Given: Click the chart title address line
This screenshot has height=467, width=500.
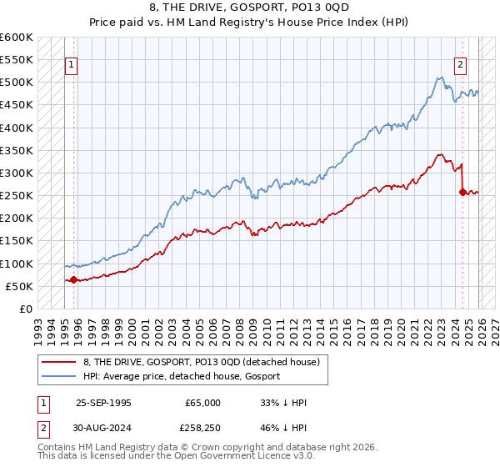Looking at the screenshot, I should click(250, 8).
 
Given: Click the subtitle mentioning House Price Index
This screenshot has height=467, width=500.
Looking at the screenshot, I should click(250, 23).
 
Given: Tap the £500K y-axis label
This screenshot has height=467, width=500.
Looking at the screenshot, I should click(16, 83).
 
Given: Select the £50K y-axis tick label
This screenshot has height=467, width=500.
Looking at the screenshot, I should click(19, 286).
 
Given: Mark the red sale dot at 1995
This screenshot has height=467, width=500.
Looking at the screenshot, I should click(74, 279).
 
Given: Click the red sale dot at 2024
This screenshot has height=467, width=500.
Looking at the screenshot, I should click(462, 192).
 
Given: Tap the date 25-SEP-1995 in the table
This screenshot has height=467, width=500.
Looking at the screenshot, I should click(104, 403).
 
